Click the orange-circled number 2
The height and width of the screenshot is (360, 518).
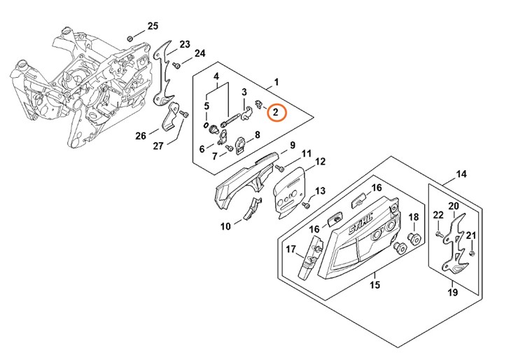(276, 112)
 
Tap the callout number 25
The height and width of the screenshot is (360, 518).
(153, 27)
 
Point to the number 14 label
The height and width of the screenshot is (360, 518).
(461, 174)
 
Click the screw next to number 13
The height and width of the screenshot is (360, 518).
(307, 205)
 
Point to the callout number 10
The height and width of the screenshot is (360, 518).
(225, 226)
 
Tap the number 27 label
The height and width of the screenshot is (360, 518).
(158, 146)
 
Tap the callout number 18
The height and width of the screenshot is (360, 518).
(413, 217)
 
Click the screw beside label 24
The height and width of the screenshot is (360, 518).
(178, 65)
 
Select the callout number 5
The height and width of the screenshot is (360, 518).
(206, 106)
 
